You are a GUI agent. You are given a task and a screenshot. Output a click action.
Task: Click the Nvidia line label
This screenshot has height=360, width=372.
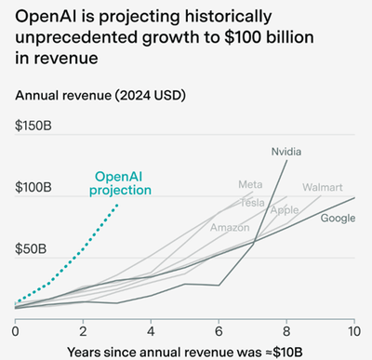coord(286,152)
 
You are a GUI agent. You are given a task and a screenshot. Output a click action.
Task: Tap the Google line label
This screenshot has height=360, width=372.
coord(338,219)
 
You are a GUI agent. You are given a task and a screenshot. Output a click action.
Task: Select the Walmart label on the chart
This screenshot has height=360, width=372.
coord(323,187)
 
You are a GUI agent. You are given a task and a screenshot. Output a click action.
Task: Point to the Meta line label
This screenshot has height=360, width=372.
coord(250,184)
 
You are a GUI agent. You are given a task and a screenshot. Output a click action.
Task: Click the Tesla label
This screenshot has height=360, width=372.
coord(253,203)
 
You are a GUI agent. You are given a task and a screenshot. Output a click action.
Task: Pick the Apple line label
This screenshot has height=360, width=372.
coord(285,210)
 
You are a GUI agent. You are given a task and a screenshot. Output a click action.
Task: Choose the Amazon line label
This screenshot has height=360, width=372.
coord(230,228)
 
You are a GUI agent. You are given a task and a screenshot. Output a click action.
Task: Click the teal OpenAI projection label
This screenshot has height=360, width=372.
coord(120,184)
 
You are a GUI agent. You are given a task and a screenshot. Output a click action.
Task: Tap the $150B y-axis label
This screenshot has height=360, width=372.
coord(33,126)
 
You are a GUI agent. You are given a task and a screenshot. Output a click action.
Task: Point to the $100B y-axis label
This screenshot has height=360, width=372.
coord(33,187)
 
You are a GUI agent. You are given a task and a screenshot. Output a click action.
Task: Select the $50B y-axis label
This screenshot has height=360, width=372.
coord(31,249)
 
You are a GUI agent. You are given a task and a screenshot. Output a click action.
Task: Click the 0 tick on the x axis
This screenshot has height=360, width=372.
coord(15,331)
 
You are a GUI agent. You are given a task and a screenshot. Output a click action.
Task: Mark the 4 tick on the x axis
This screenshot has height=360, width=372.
coord(151,331)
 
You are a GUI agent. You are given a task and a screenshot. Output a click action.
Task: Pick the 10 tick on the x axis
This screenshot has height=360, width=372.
coord(354,331)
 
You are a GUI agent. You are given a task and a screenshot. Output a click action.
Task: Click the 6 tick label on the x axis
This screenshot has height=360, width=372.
coord(219,331)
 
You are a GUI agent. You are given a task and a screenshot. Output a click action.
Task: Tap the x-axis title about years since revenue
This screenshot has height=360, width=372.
coord(185,353)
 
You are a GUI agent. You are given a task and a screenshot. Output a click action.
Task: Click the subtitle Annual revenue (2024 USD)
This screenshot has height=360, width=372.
coord(100,96)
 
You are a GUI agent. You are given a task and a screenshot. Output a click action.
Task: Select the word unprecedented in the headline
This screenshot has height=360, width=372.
coord(76,37)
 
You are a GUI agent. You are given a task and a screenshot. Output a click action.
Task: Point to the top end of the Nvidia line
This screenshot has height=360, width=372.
coord(287,160)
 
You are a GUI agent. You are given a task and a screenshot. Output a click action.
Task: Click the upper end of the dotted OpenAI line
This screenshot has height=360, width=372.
coord(117,205)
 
